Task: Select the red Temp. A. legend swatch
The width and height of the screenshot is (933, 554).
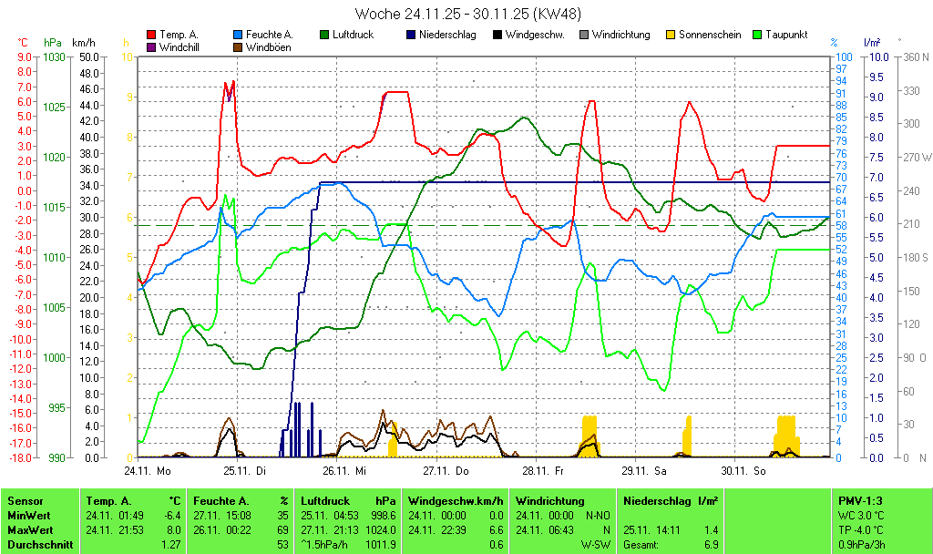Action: pos(151,35)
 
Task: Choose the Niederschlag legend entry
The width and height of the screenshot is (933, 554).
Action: pos(440,35)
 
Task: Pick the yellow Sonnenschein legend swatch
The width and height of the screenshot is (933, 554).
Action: pos(671,35)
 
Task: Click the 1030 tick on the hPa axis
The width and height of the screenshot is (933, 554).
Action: pos(54,56)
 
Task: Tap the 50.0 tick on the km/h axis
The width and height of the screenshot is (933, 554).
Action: pos(88,56)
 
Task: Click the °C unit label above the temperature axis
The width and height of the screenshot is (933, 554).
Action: pos(23,43)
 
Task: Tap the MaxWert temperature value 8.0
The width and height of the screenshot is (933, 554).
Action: pos(173,529)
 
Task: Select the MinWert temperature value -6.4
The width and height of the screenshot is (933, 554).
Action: pos(171,516)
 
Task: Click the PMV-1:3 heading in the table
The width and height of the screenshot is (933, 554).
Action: pos(860,501)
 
